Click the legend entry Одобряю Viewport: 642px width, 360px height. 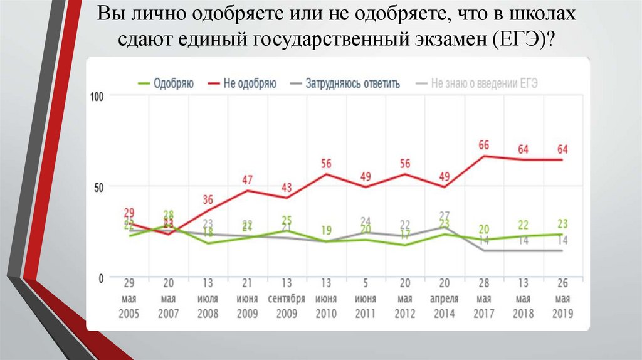pos(166,83)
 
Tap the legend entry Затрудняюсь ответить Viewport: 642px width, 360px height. pos(345,83)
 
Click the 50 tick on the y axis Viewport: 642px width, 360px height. pos(98,186)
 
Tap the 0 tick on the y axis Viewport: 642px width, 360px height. pos(101,277)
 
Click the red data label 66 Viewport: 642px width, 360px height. pos(483,145)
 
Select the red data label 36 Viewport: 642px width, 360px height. pos(208,199)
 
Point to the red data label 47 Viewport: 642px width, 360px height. pos(248,179)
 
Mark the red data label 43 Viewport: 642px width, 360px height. pos(287,187)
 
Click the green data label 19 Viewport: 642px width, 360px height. pos(326,230)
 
